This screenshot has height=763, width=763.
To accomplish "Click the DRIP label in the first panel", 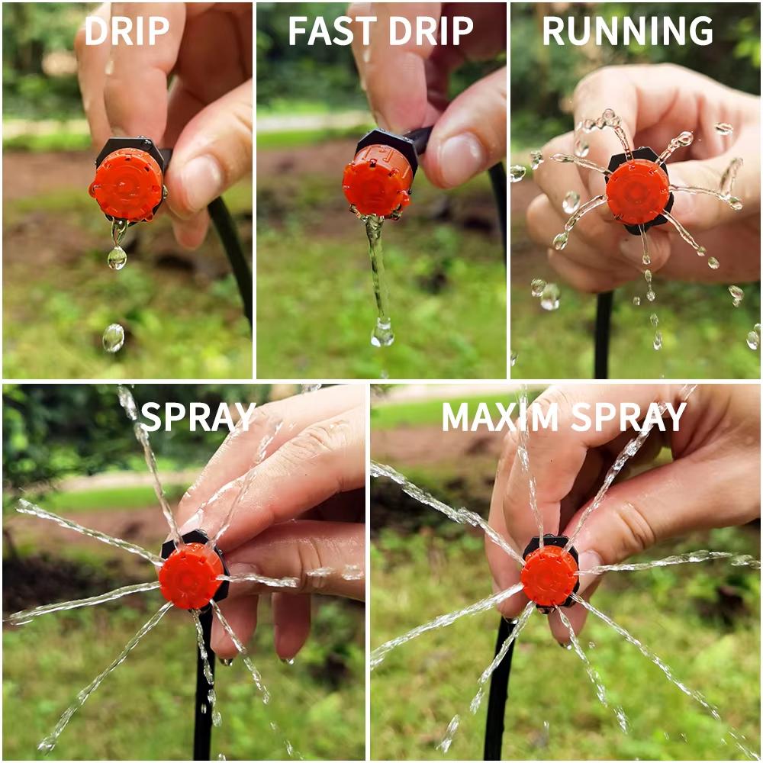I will click(127, 31).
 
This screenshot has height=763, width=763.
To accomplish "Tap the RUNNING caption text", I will click(627, 31).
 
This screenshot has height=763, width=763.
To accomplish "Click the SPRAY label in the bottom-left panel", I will click(198, 417).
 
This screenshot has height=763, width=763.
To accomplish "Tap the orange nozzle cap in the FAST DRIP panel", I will click(377, 180).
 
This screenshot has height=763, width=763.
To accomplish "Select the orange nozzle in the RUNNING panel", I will click(637, 192).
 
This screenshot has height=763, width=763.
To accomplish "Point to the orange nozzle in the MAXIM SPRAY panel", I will click(549, 575).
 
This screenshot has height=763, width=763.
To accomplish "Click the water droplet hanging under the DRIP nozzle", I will click(117, 257).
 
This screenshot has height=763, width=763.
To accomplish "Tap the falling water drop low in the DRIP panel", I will click(113, 337).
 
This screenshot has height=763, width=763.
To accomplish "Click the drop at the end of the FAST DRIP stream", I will click(382, 333).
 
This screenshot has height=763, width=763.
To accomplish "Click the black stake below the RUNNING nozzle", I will click(603, 336).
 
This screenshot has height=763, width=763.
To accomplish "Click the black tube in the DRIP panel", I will click(233, 252).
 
